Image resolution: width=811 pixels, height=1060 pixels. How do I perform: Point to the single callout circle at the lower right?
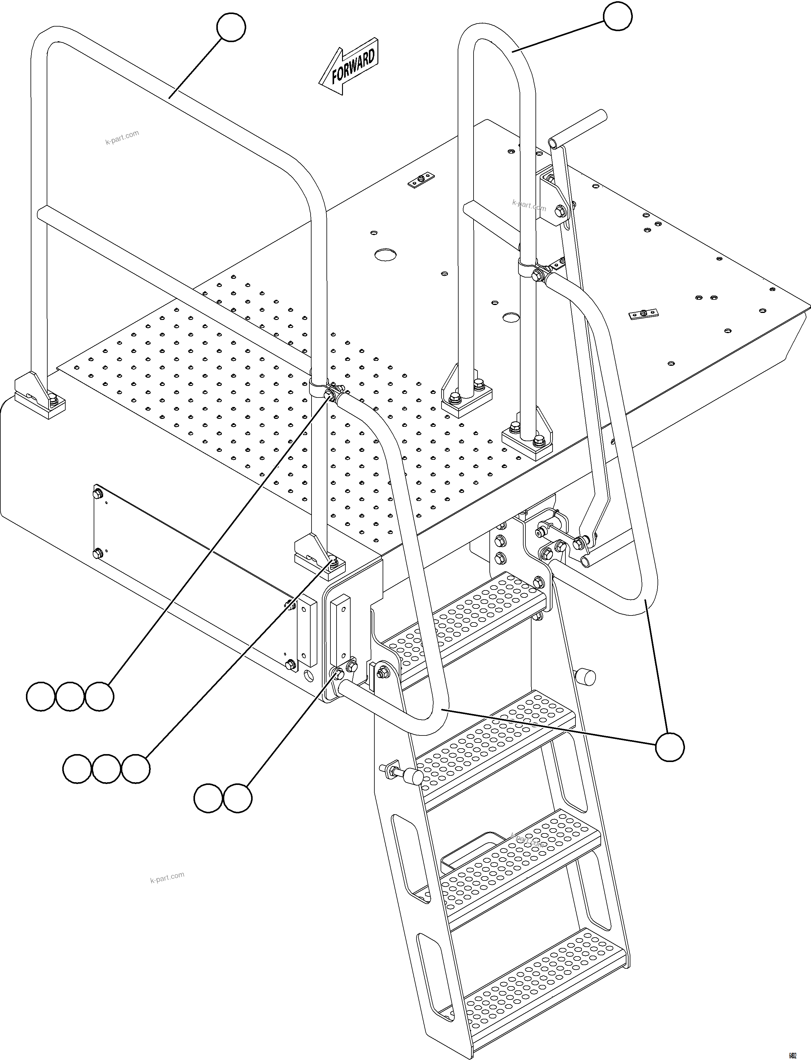click(x=669, y=747)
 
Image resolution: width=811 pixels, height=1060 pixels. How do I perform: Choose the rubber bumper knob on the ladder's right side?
click(x=586, y=677)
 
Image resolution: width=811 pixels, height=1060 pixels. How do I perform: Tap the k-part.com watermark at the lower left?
click(x=167, y=877)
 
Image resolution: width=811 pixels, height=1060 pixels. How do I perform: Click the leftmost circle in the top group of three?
click(x=41, y=696)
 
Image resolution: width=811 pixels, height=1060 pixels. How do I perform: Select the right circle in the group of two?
click(x=237, y=798)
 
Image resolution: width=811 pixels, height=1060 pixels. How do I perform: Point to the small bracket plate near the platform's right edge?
click(x=644, y=315)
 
